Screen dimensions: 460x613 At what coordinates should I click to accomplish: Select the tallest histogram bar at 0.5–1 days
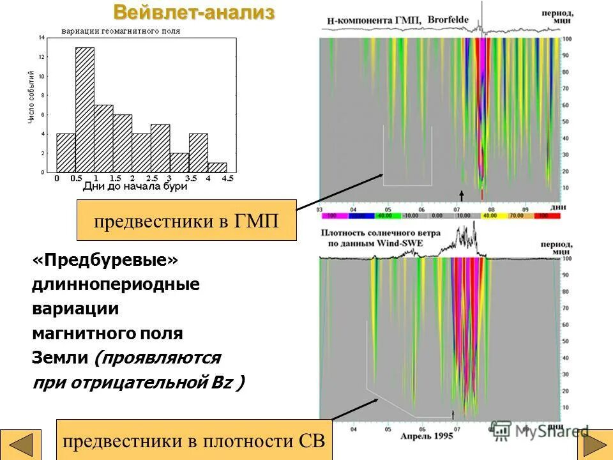85,109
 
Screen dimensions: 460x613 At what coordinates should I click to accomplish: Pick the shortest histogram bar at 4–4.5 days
217,167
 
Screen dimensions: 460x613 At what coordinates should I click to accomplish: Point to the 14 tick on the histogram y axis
42,38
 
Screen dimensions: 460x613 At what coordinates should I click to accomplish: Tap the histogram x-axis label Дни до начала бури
135,187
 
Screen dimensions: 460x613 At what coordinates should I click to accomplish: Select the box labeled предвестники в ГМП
186,220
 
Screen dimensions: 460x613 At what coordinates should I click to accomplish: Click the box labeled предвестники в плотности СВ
195,440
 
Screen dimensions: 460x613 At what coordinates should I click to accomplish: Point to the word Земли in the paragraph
60,358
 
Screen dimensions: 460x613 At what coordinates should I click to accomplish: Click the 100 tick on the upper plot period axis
567,40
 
